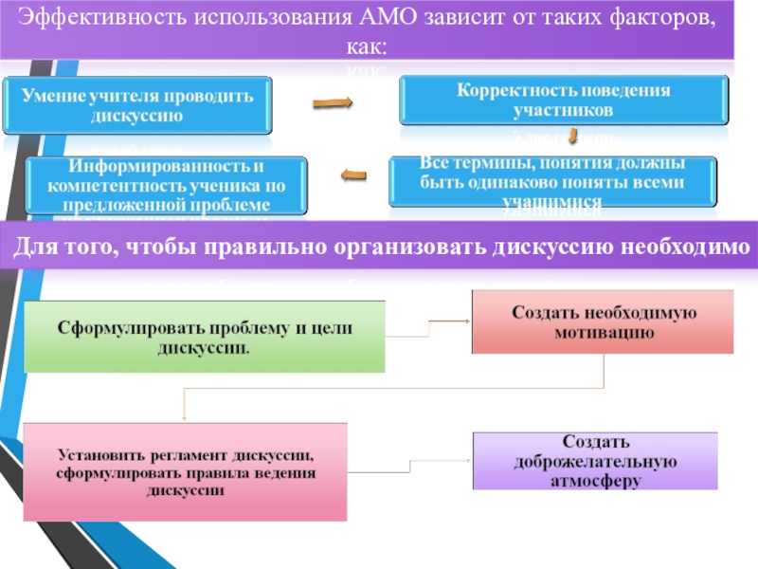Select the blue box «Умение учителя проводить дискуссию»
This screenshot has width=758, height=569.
pos(137,105)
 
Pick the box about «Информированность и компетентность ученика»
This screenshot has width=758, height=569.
pos(169,185)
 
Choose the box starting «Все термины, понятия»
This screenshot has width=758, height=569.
pos(553,181)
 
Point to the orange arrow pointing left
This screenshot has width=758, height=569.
pos(352,174)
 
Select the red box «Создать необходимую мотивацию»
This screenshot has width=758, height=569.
pos(603,322)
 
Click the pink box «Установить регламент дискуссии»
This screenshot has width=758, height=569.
pos(185,471)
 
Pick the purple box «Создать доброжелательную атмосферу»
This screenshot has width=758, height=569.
pos(603,461)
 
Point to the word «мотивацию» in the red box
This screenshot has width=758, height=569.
pos(604,333)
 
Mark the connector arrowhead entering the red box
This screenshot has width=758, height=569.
pos(467,321)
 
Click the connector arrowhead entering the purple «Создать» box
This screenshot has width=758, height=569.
pos(467,461)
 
